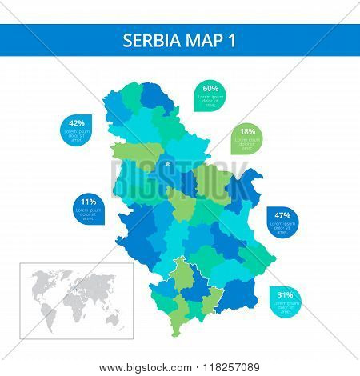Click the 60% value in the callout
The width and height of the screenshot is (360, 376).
click(x=210, y=88)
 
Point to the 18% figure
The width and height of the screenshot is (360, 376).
click(x=248, y=131)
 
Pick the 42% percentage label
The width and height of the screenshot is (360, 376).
click(x=77, y=123)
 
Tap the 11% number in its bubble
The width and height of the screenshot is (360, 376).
click(x=88, y=202)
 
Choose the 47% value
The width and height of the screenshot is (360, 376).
click(x=282, y=215)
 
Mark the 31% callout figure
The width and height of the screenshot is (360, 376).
click(x=285, y=295)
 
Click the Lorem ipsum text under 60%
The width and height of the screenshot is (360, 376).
click(x=210, y=101)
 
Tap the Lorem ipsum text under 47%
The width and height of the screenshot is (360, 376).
click(x=282, y=226)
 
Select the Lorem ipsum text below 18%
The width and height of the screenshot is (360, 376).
click(x=248, y=142)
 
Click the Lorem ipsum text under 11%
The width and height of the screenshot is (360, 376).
click(x=88, y=214)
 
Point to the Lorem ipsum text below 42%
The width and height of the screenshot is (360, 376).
click(x=77, y=135)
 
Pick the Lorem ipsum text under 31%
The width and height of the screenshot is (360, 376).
click(x=285, y=306)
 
